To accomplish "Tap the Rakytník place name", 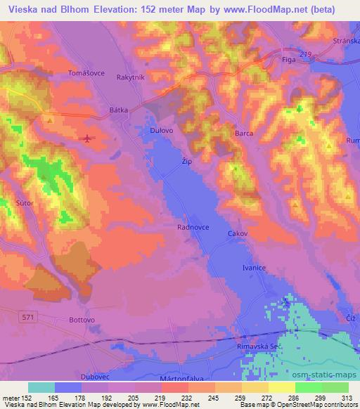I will [131, 78].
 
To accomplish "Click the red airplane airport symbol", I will [86, 138].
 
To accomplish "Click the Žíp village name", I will [186, 162].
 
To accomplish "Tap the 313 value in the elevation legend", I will [347, 398].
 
